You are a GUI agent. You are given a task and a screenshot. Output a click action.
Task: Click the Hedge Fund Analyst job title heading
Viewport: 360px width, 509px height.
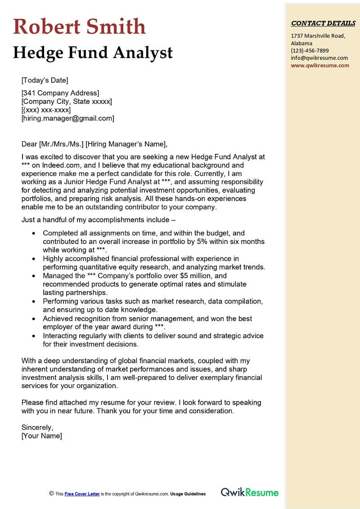click(x=93, y=53)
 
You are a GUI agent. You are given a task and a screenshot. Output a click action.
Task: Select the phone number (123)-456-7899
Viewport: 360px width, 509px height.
click(x=310, y=50)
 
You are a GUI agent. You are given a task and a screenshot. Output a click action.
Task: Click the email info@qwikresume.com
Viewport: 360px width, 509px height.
click(x=319, y=58)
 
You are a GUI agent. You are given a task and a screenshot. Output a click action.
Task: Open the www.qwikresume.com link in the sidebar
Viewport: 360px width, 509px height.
click(x=319, y=65)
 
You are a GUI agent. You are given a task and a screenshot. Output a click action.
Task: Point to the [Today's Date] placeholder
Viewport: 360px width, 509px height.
click(x=45, y=81)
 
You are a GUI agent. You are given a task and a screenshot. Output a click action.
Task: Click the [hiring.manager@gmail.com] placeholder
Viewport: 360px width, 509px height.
click(x=67, y=118)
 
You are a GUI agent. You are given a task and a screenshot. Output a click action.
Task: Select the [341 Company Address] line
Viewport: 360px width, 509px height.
click(x=60, y=93)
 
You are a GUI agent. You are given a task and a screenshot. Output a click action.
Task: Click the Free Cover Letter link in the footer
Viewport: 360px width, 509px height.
click(x=82, y=494)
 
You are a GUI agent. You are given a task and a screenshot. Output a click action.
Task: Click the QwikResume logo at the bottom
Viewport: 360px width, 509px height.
click(x=250, y=493)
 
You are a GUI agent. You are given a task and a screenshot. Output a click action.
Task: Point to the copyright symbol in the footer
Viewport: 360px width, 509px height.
click(x=51, y=493)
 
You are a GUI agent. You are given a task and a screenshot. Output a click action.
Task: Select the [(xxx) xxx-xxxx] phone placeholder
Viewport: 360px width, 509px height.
click(x=46, y=110)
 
